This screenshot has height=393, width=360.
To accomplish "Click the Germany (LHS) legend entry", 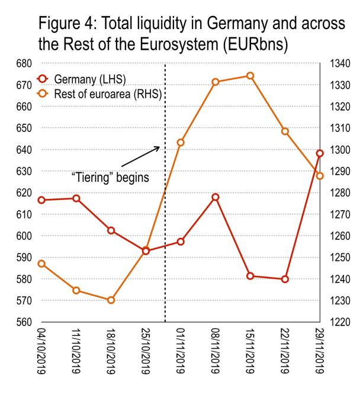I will (89, 78).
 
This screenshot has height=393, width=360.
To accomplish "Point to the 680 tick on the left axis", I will (24, 63).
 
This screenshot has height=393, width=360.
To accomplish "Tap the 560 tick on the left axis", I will (24, 323).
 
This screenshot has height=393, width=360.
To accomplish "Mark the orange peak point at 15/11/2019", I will (250, 76).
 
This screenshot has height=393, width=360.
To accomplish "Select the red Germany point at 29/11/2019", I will (320, 153).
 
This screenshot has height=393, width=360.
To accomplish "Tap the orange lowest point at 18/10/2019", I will (111, 300).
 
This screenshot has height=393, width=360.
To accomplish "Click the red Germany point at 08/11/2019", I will (216, 197).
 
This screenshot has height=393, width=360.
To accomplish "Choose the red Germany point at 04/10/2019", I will (41, 200).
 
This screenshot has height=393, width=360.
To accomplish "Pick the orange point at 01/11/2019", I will (181, 143).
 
